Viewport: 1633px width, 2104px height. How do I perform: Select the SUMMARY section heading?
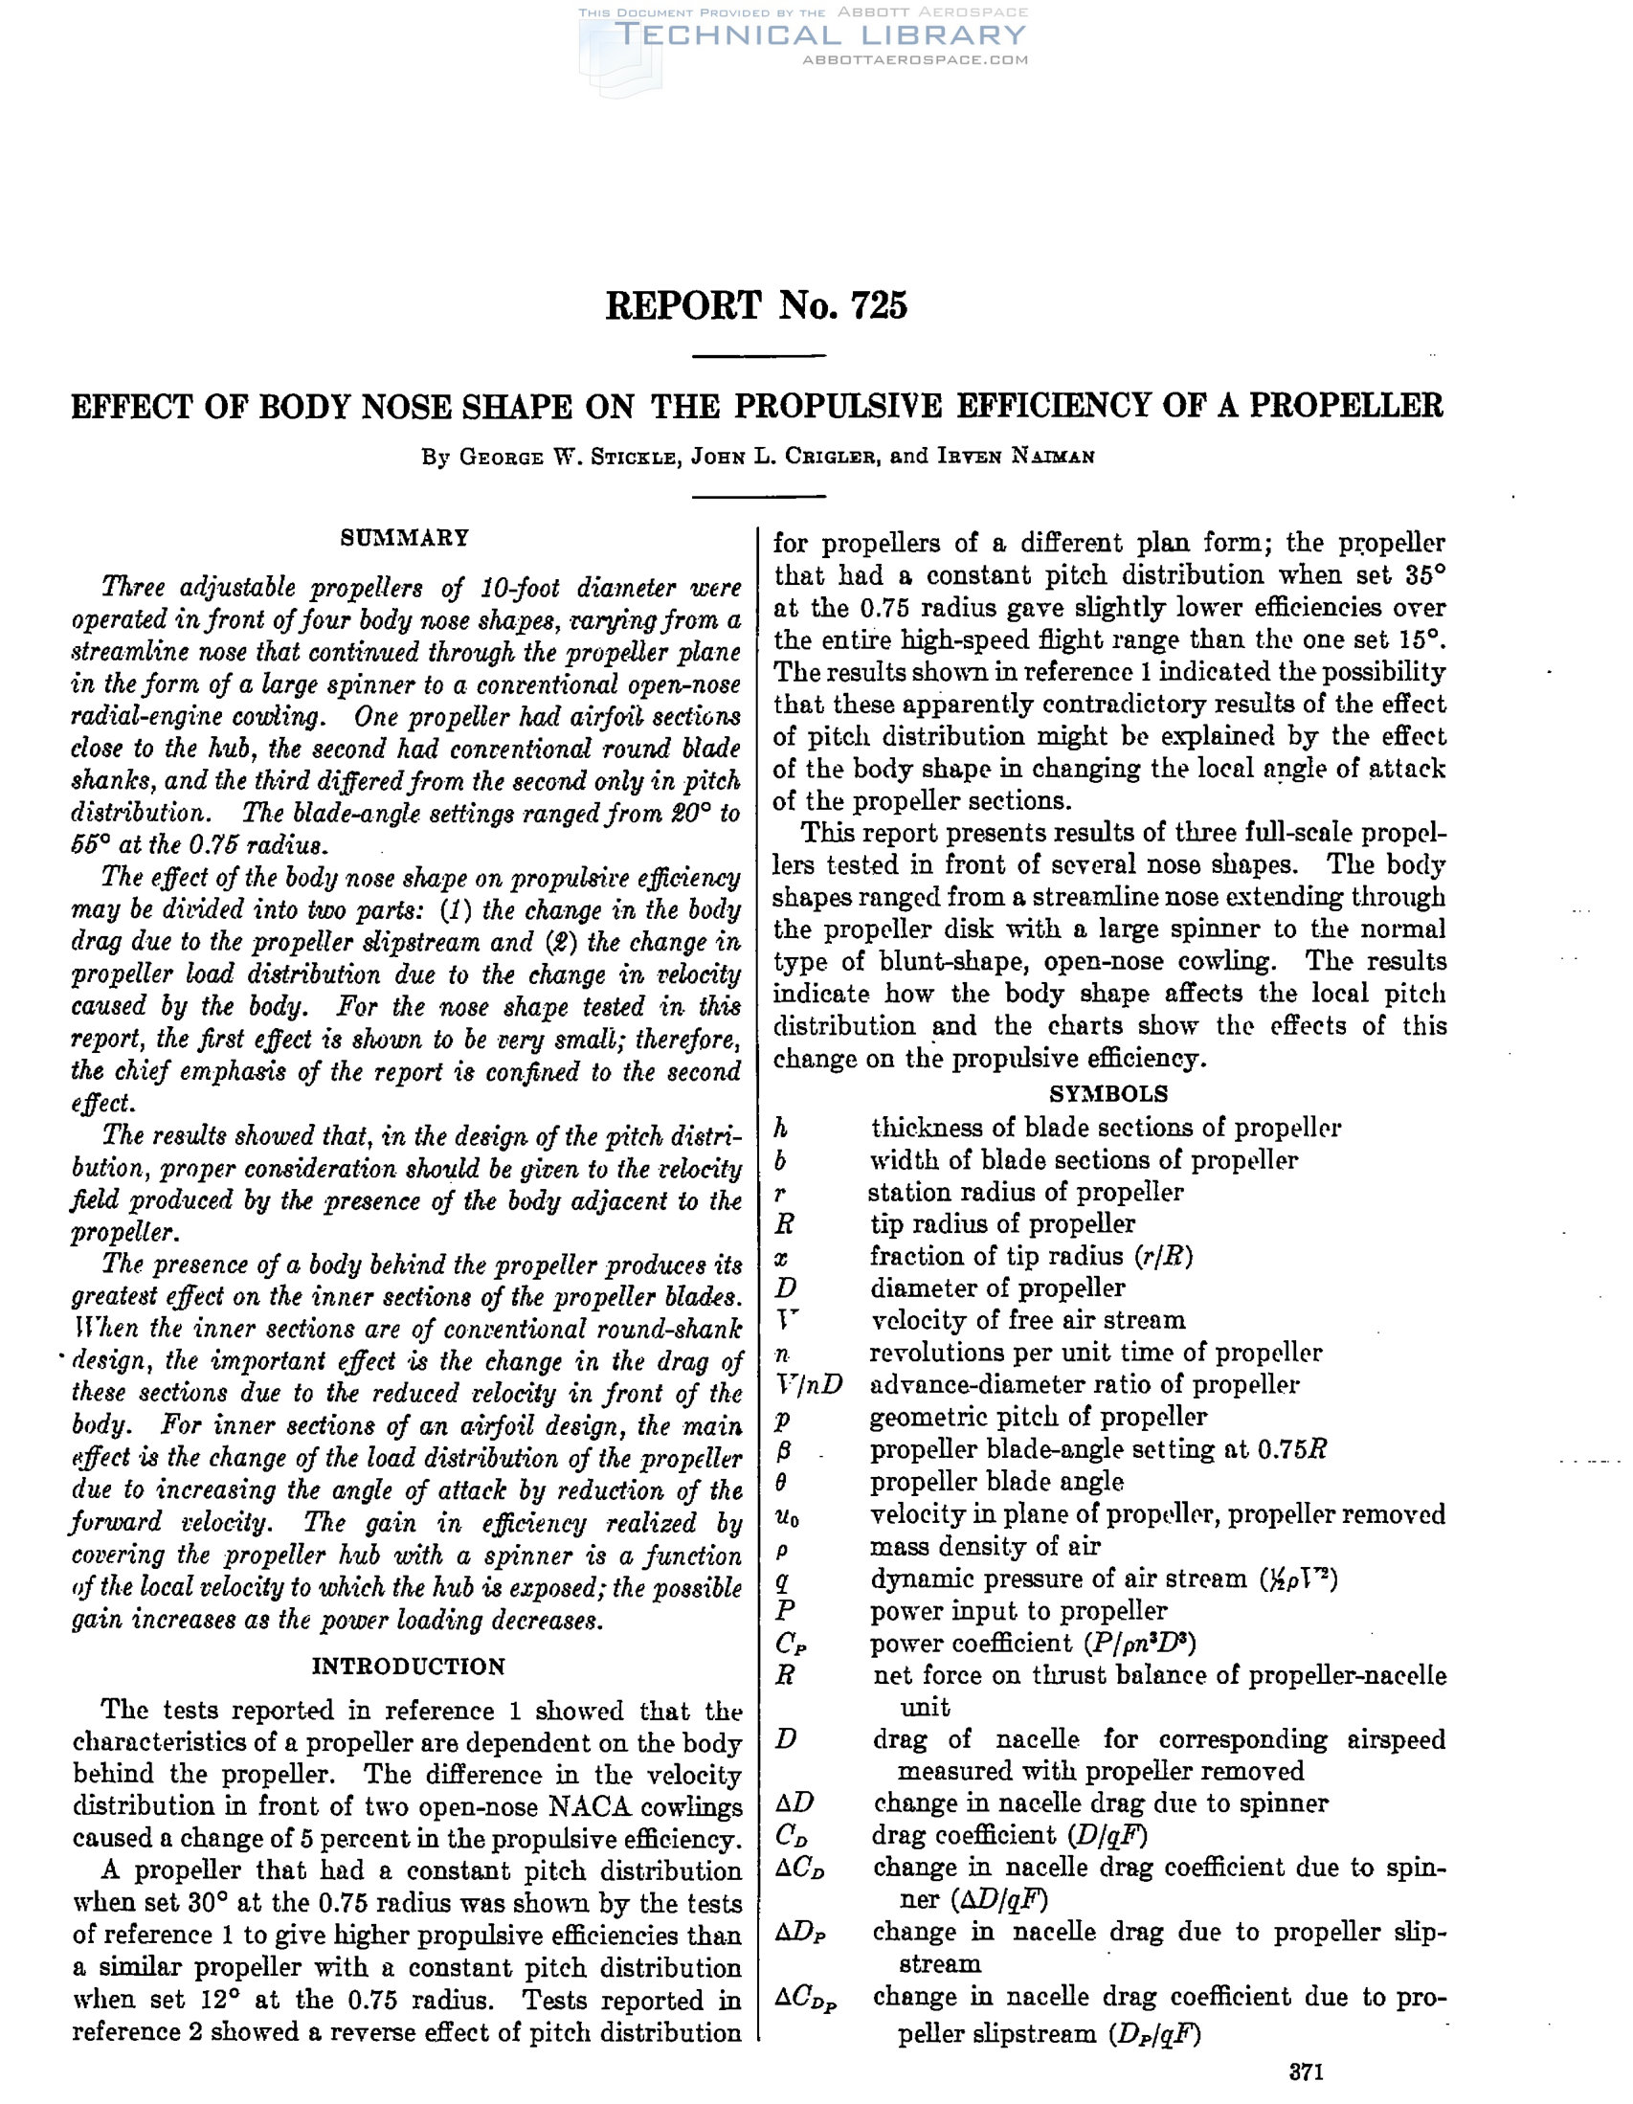click(x=405, y=538)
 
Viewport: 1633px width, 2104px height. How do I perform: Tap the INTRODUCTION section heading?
click(x=409, y=1667)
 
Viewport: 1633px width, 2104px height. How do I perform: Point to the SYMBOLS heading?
click(x=1107, y=1093)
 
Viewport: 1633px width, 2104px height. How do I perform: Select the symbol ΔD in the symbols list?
click(x=794, y=1802)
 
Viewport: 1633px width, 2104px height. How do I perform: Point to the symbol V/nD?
click(x=808, y=1384)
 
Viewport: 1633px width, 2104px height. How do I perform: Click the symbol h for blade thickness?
click(x=781, y=1128)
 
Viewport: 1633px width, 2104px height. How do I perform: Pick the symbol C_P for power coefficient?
click(x=790, y=1644)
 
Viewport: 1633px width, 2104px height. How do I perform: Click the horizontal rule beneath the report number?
click(x=759, y=356)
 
